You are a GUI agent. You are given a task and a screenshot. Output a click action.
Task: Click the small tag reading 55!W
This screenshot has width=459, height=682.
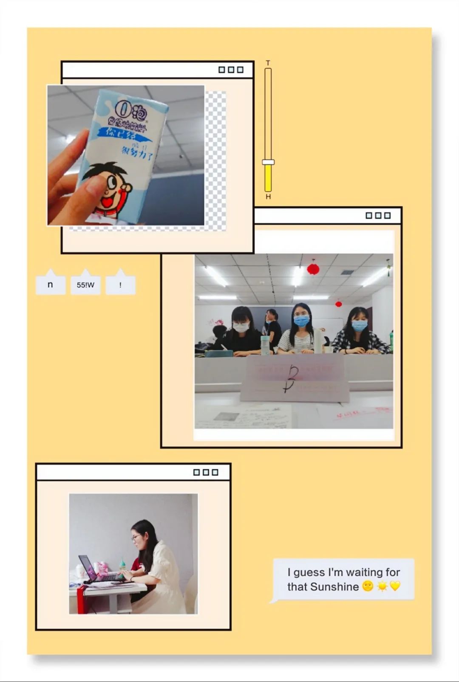pos(85,285)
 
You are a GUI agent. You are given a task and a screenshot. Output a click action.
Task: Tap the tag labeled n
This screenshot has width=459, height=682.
pos(50,285)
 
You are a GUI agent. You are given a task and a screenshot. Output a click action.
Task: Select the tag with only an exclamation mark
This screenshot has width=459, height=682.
pos(120,285)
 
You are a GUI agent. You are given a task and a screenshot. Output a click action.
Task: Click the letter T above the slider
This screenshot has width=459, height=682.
pos(268,63)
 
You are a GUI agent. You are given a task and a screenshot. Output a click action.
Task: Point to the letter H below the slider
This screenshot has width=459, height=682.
pos(268,197)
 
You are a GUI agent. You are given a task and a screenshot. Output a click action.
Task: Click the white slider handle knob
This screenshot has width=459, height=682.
pos(268,162)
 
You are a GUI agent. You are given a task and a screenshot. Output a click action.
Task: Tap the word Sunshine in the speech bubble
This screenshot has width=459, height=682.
pos(334,586)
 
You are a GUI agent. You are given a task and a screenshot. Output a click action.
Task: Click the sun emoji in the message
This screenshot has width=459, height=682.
pos(382,586)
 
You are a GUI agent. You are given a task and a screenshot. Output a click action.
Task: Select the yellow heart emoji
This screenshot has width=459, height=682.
pos(395,586)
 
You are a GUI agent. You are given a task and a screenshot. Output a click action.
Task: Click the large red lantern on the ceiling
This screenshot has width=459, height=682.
pos(313,269)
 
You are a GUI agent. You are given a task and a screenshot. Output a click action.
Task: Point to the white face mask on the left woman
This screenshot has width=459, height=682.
pos(241,327)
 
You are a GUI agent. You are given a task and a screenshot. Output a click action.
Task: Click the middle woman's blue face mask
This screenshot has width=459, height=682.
pos(301,321)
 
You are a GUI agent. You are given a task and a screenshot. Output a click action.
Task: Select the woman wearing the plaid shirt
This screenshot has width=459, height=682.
pos(360,333)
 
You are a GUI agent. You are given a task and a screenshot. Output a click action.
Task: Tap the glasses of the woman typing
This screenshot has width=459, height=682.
pos(136,538)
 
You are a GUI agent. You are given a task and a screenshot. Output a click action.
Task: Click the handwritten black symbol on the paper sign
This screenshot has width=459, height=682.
pos(292,378)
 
